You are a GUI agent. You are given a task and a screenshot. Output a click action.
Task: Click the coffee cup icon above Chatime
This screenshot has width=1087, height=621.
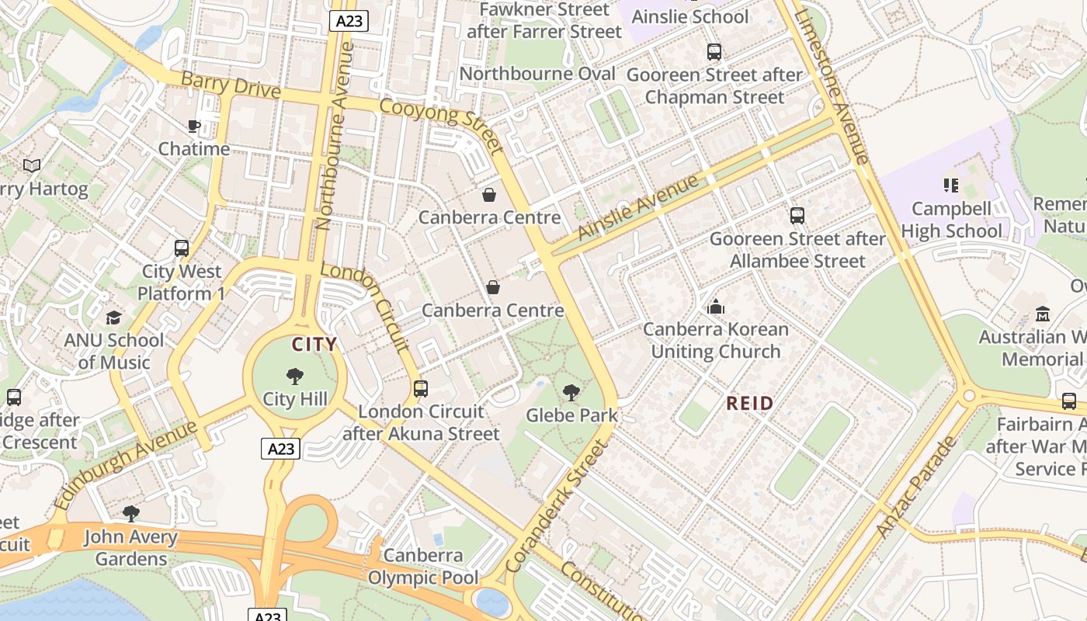point(194,126)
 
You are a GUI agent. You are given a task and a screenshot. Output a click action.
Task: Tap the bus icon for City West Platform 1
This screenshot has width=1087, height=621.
point(182,248)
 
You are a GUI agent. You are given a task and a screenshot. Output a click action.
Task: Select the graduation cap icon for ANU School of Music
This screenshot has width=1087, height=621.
point(114,317)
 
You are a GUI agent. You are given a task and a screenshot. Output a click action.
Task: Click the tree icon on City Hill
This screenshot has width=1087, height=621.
point(294,376)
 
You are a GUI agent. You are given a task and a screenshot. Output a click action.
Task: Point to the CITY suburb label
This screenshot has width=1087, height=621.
point(314,344)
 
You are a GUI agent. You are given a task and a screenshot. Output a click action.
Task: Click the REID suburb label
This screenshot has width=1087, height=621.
point(749,403)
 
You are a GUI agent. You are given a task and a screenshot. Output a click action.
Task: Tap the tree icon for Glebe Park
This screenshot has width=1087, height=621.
point(571,393)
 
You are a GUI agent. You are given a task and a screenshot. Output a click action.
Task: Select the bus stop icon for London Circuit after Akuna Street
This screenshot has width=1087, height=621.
point(420,389)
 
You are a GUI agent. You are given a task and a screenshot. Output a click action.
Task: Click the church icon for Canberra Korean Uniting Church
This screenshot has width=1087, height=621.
point(715,307)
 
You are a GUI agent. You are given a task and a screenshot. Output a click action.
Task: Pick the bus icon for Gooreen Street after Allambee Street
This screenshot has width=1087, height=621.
point(797,216)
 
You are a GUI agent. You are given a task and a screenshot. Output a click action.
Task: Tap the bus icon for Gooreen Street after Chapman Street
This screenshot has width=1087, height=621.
point(714,52)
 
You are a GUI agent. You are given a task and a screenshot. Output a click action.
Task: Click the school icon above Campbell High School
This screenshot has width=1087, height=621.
point(950,186)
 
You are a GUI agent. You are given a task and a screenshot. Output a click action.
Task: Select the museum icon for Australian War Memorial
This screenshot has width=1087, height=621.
point(1042,314)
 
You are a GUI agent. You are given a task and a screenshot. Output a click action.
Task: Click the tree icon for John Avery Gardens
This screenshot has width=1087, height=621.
point(130,514)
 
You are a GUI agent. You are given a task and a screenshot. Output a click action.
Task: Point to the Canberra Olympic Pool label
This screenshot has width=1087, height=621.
point(423,567)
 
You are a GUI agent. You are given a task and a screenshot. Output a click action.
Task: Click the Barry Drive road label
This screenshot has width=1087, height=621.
point(231,85)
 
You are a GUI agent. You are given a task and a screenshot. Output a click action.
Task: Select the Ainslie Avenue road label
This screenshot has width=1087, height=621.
point(638,207)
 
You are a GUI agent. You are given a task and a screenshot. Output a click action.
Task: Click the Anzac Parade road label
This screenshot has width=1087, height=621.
point(916,487)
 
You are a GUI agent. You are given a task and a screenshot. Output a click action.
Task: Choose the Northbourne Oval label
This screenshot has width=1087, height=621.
point(537,74)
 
